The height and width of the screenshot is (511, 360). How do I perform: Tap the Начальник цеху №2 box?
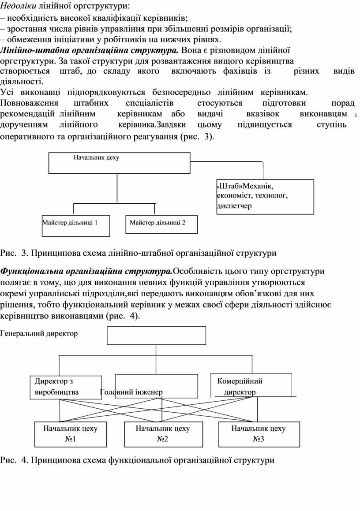[x=162, y=434]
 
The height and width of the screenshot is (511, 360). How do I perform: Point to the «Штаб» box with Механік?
[x=265, y=197]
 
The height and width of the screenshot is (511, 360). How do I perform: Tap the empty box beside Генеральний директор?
[x=156, y=335]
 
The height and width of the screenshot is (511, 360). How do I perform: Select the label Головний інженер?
[x=131, y=392]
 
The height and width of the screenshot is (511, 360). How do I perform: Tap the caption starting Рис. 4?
[x=137, y=460]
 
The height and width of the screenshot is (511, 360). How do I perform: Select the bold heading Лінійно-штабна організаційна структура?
[x=90, y=49]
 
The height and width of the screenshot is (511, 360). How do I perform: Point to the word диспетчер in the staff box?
[x=234, y=206]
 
